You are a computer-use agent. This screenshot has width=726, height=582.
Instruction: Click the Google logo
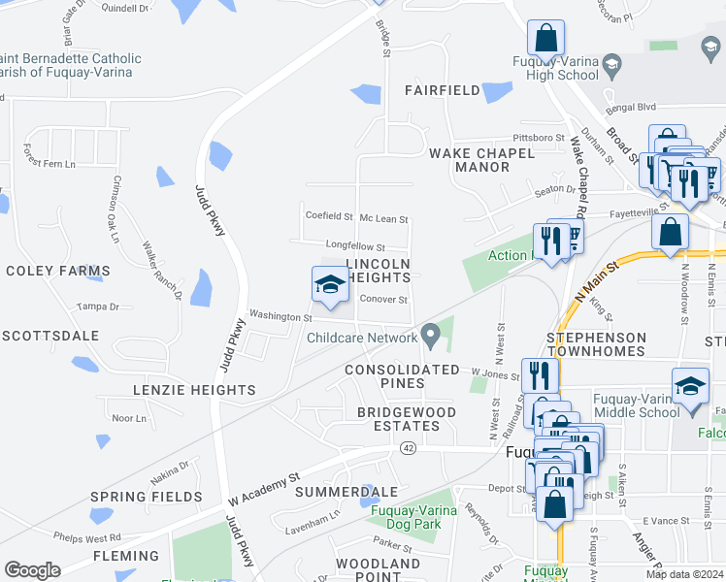pyautogui.click(x=32, y=570)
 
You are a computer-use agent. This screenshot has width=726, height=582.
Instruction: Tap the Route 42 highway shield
pyautogui.click(x=408, y=447)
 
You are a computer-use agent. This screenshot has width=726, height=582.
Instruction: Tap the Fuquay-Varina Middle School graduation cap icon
pyautogui.click(x=690, y=385)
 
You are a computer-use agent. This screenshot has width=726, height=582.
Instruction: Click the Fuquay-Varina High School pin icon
pyautogui.click(x=611, y=65)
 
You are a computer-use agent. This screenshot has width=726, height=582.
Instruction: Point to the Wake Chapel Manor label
pyautogui.click(x=482, y=160)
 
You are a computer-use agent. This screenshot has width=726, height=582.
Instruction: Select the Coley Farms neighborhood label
pyautogui.click(x=58, y=271)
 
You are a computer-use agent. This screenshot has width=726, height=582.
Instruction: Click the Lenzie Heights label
pyautogui.click(x=193, y=390)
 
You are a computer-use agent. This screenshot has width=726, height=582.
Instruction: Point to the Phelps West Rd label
pyautogui.click(x=87, y=537)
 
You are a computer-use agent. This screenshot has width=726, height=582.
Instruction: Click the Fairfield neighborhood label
pyautogui.click(x=443, y=90)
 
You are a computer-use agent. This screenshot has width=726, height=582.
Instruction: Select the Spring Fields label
pyautogui.click(x=146, y=497)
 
